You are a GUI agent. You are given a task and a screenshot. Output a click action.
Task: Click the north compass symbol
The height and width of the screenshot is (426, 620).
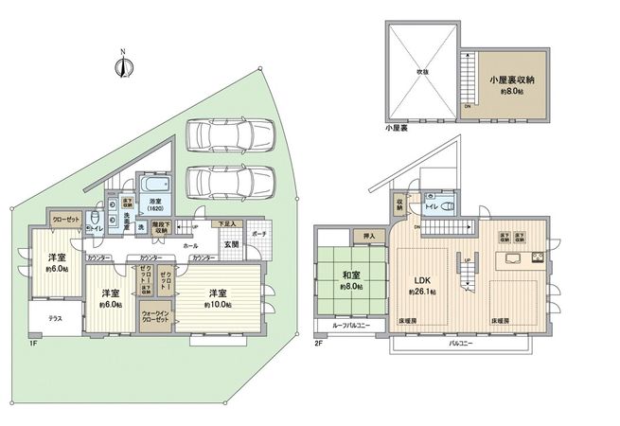pos(121,65)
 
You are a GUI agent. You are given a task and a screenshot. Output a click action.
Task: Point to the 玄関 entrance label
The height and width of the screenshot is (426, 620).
pos(231,244)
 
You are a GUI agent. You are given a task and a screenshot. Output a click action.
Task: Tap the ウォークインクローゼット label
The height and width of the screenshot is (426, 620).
pos(155,317)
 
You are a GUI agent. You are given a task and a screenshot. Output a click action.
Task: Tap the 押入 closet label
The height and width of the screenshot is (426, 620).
pos(369,235)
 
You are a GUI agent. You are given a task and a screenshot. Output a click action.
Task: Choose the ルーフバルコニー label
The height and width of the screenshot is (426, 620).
pos(351,326)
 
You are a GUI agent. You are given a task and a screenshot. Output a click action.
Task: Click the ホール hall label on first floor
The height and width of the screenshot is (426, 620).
pos(190,244)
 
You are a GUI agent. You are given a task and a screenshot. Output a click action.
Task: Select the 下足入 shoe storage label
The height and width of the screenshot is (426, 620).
pos(227,223)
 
